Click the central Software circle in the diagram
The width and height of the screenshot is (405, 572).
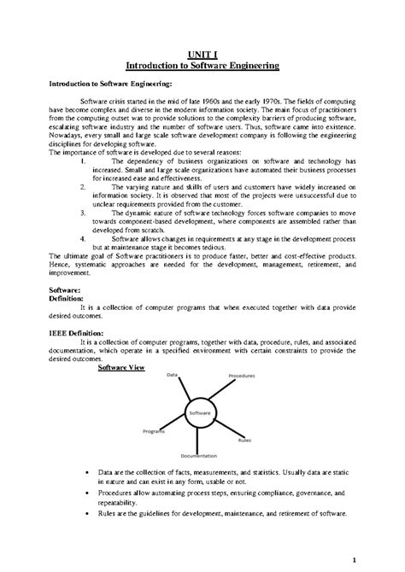(200, 413)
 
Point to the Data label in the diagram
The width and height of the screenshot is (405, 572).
(172, 374)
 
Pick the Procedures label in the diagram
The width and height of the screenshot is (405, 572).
(242, 376)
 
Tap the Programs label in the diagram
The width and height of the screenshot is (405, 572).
(154, 431)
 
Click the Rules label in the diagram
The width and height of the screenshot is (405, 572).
(245, 441)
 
